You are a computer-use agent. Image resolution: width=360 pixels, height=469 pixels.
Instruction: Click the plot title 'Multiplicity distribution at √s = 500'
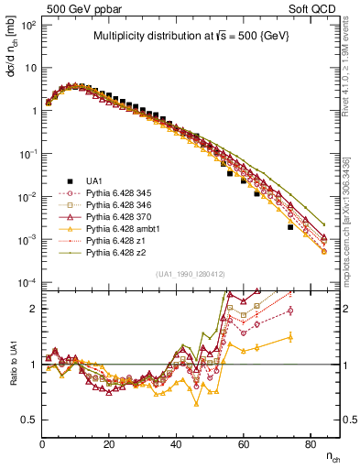[188, 37]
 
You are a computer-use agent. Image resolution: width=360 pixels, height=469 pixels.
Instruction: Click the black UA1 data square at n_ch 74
[290, 227]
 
